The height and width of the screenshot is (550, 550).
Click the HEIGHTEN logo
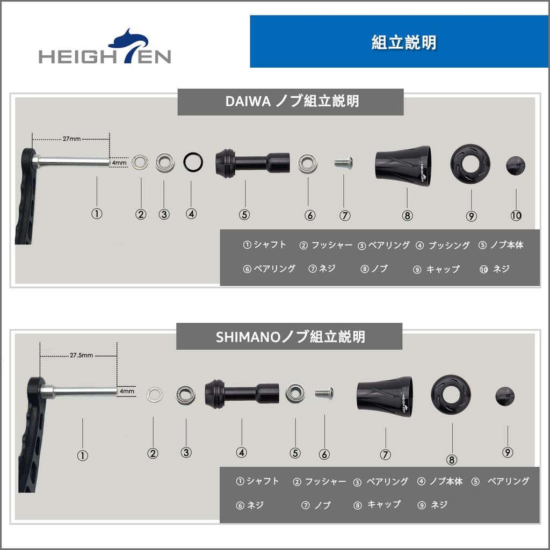(x=105, y=49)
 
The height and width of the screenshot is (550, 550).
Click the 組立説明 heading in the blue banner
(x=403, y=42)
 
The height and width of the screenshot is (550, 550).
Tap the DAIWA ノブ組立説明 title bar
(x=291, y=102)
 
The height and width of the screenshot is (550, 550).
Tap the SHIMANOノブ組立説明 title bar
(x=290, y=336)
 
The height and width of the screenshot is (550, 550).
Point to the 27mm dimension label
(x=71, y=139)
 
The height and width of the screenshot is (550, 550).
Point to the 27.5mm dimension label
(x=81, y=355)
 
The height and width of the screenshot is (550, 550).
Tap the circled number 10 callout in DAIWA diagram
(x=516, y=215)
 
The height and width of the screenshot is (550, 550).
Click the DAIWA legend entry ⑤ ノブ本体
(x=501, y=245)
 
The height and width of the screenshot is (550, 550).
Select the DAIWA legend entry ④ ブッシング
(x=443, y=245)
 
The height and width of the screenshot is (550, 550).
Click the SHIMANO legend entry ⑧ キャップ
(x=378, y=504)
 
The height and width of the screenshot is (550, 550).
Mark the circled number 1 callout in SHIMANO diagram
(x=82, y=455)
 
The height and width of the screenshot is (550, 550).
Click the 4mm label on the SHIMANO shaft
(x=127, y=391)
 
